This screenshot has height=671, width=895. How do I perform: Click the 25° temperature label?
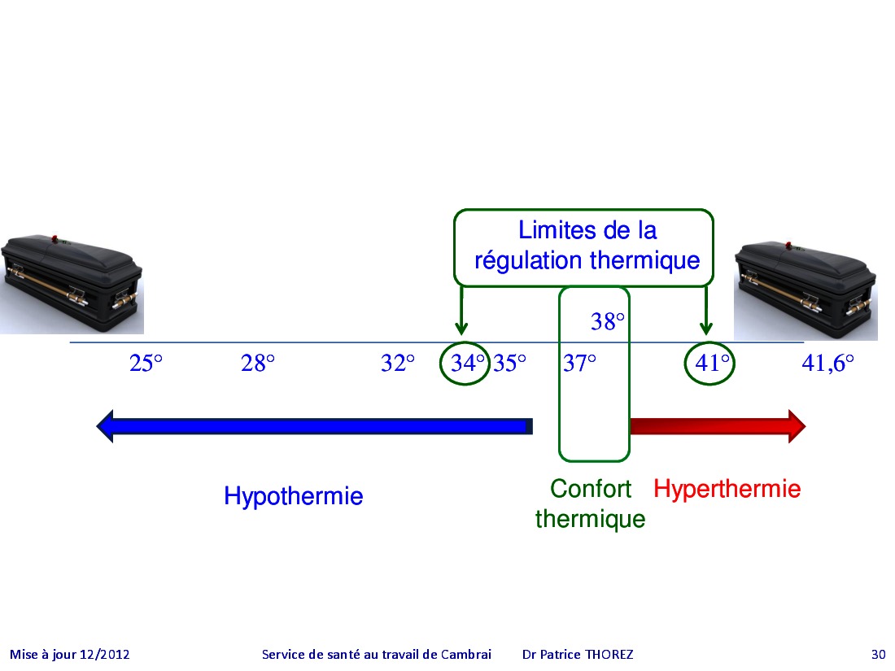(x=146, y=363)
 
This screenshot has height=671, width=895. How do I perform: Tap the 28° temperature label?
(x=258, y=363)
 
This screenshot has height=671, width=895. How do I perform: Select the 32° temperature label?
(x=398, y=363)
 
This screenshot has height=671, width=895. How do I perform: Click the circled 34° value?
(x=468, y=363)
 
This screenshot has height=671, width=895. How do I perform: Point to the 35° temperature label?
(x=509, y=363)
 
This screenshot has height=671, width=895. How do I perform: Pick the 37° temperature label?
(x=579, y=363)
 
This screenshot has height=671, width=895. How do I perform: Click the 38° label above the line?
(x=607, y=322)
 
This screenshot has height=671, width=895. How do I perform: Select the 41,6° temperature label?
(x=827, y=363)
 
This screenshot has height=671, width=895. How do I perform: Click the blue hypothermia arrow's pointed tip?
(x=97, y=425)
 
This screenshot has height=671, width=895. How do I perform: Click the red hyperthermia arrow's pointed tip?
(x=805, y=425)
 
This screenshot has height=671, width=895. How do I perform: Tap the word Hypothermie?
(x=294, y=496)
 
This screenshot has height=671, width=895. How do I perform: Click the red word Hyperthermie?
(x=727, y=489)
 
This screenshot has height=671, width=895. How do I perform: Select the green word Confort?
(x=590, y=489)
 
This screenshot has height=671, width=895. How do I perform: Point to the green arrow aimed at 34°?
(x=462, y=311)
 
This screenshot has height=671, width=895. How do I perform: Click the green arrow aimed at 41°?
(x=706, y=311)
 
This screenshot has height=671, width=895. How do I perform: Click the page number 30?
(x=878, y=655)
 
